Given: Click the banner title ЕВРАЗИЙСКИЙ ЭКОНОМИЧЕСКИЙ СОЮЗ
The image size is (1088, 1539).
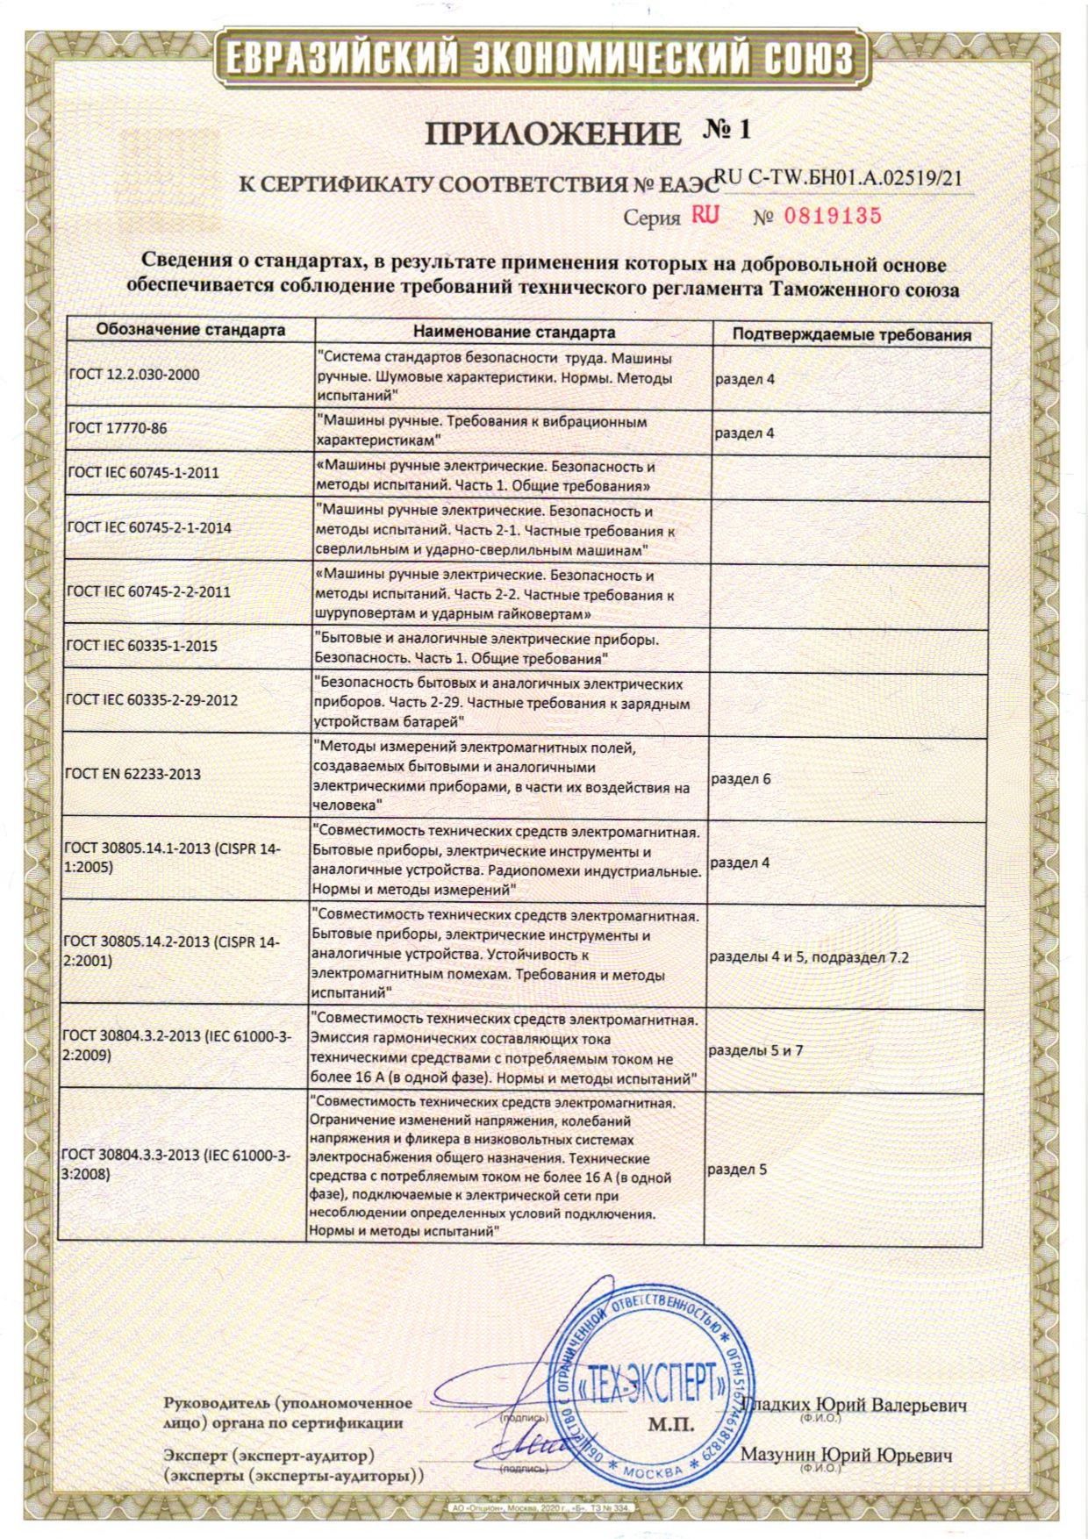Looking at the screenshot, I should coord(540,60).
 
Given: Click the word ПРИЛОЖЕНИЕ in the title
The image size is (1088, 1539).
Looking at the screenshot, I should coord(553,133).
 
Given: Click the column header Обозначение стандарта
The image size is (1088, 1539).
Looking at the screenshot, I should coord(190,331).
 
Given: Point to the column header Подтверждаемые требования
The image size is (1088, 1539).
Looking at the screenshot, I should coord(851,334).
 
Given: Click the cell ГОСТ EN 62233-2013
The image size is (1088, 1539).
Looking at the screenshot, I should coord(132,774).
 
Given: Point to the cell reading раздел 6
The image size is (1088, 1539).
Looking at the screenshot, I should coord(741,778).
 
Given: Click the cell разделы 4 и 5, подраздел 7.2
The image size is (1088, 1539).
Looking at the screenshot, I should coord(808,957).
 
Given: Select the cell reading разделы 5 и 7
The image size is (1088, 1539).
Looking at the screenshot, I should coord(755,1049).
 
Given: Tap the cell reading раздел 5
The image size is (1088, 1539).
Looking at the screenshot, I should coord(737,1169).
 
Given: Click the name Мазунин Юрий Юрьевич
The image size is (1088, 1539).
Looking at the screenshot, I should coord(846,1455).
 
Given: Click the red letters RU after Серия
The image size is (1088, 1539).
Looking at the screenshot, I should coord(705,215).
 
